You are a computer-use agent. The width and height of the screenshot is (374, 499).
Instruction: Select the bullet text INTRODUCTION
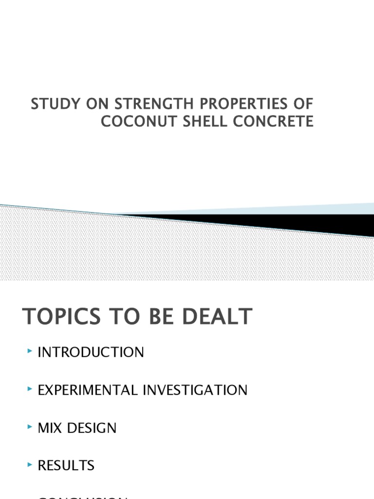click(x=91, y=352)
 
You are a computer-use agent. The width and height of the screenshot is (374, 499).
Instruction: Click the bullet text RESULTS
click(x=66, y=466)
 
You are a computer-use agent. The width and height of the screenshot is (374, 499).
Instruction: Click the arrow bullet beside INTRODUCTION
click(x=31, y=351)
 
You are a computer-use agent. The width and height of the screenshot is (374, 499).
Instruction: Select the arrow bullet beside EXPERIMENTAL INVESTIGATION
click(x=31, y=389)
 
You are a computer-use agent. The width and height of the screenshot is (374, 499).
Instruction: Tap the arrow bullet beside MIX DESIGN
click(x=31, y=427)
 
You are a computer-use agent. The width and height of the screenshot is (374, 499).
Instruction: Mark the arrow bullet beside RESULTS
click(x=31, y=464)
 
